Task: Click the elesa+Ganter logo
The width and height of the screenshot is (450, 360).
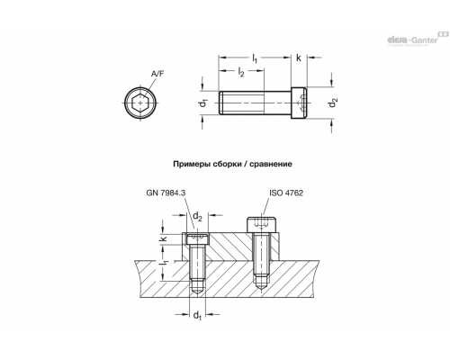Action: click(x=416, y=39)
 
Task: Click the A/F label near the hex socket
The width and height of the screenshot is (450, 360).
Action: click(x=157, y=74)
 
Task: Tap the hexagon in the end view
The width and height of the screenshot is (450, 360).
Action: click(x=140, y=103)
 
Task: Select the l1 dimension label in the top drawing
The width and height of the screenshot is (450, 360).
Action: click(x=255, y=58)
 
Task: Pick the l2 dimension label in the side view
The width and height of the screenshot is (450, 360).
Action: click(x=241, y=72)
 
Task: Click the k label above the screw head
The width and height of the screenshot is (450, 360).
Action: click(x=299, y=58)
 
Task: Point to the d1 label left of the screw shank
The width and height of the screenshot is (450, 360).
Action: click(x=204, y=103)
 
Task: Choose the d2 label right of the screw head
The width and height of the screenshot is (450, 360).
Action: click(x=333, y=103)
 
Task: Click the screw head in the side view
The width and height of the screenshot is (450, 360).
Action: click(x=300, y=103)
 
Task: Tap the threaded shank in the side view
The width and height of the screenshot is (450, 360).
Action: click(x=255, y=103)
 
